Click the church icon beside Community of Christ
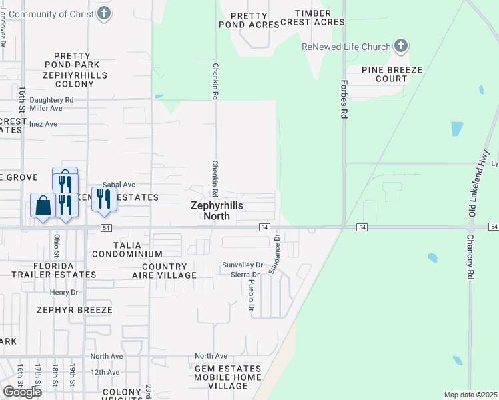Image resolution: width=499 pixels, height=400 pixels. click(103, 13)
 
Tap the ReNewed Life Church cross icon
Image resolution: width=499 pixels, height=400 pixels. click(400, 46)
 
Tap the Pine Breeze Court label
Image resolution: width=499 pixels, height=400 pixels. click(384, 74)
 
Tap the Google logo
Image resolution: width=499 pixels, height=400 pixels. click(22, 391)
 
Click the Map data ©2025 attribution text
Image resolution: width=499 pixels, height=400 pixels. click(470, 395)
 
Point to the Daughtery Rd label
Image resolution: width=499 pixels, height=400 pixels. click(51, 100)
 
